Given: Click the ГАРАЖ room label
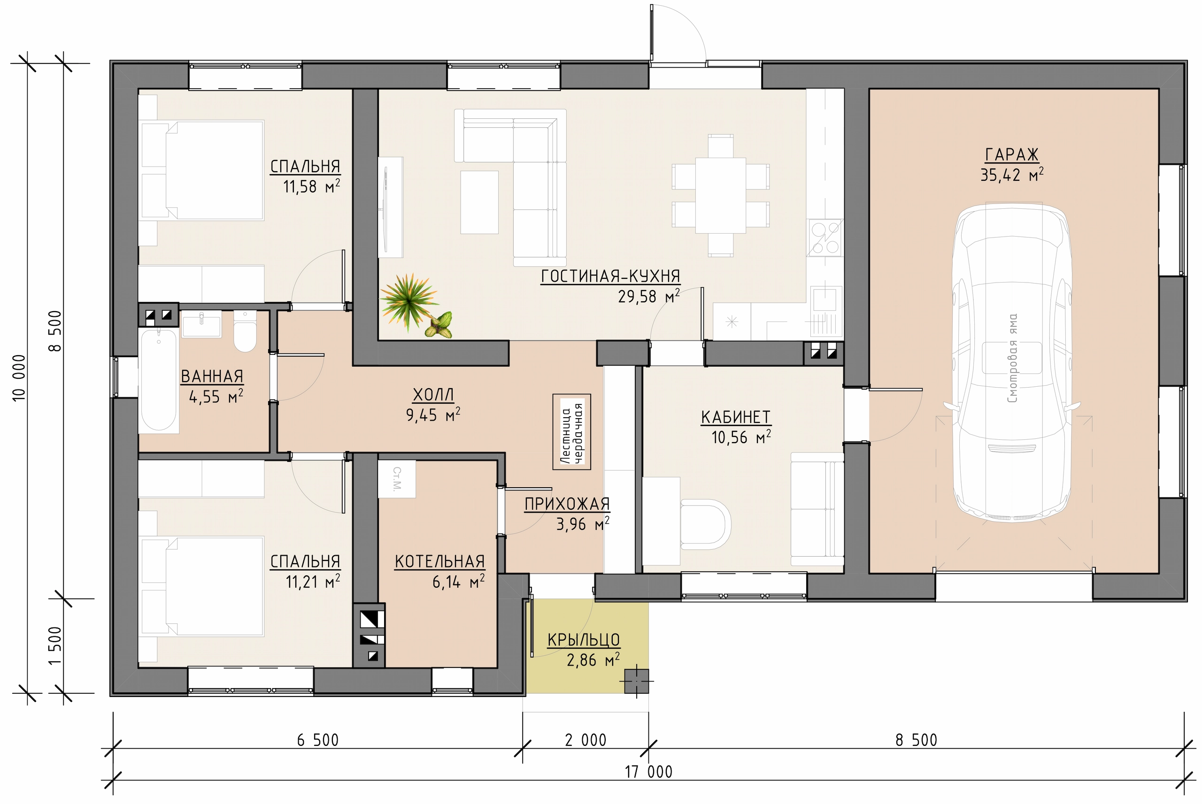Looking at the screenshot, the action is tap(1011, 154).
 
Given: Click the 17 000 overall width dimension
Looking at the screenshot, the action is tap(648, 772).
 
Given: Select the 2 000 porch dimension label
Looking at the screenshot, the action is tap(586, 740).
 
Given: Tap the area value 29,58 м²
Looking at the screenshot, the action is tap(649, 296).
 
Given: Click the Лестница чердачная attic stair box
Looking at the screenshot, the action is tap(572, 432).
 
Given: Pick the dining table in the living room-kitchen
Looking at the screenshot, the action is tap(720, 195).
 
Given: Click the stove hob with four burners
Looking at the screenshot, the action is tap(824, 237).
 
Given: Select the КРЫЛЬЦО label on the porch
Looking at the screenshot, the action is tap(584, 640).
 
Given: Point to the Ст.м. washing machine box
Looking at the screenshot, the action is tap(397, 479).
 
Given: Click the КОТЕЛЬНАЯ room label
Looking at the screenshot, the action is tap(439, 561).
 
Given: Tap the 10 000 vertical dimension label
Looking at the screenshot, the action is tap(19, 378).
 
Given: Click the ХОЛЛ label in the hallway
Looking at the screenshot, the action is tap(433, 395).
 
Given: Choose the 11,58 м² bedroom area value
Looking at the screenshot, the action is tap(312, 186).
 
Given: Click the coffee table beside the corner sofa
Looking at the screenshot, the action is tap(479, 202).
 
